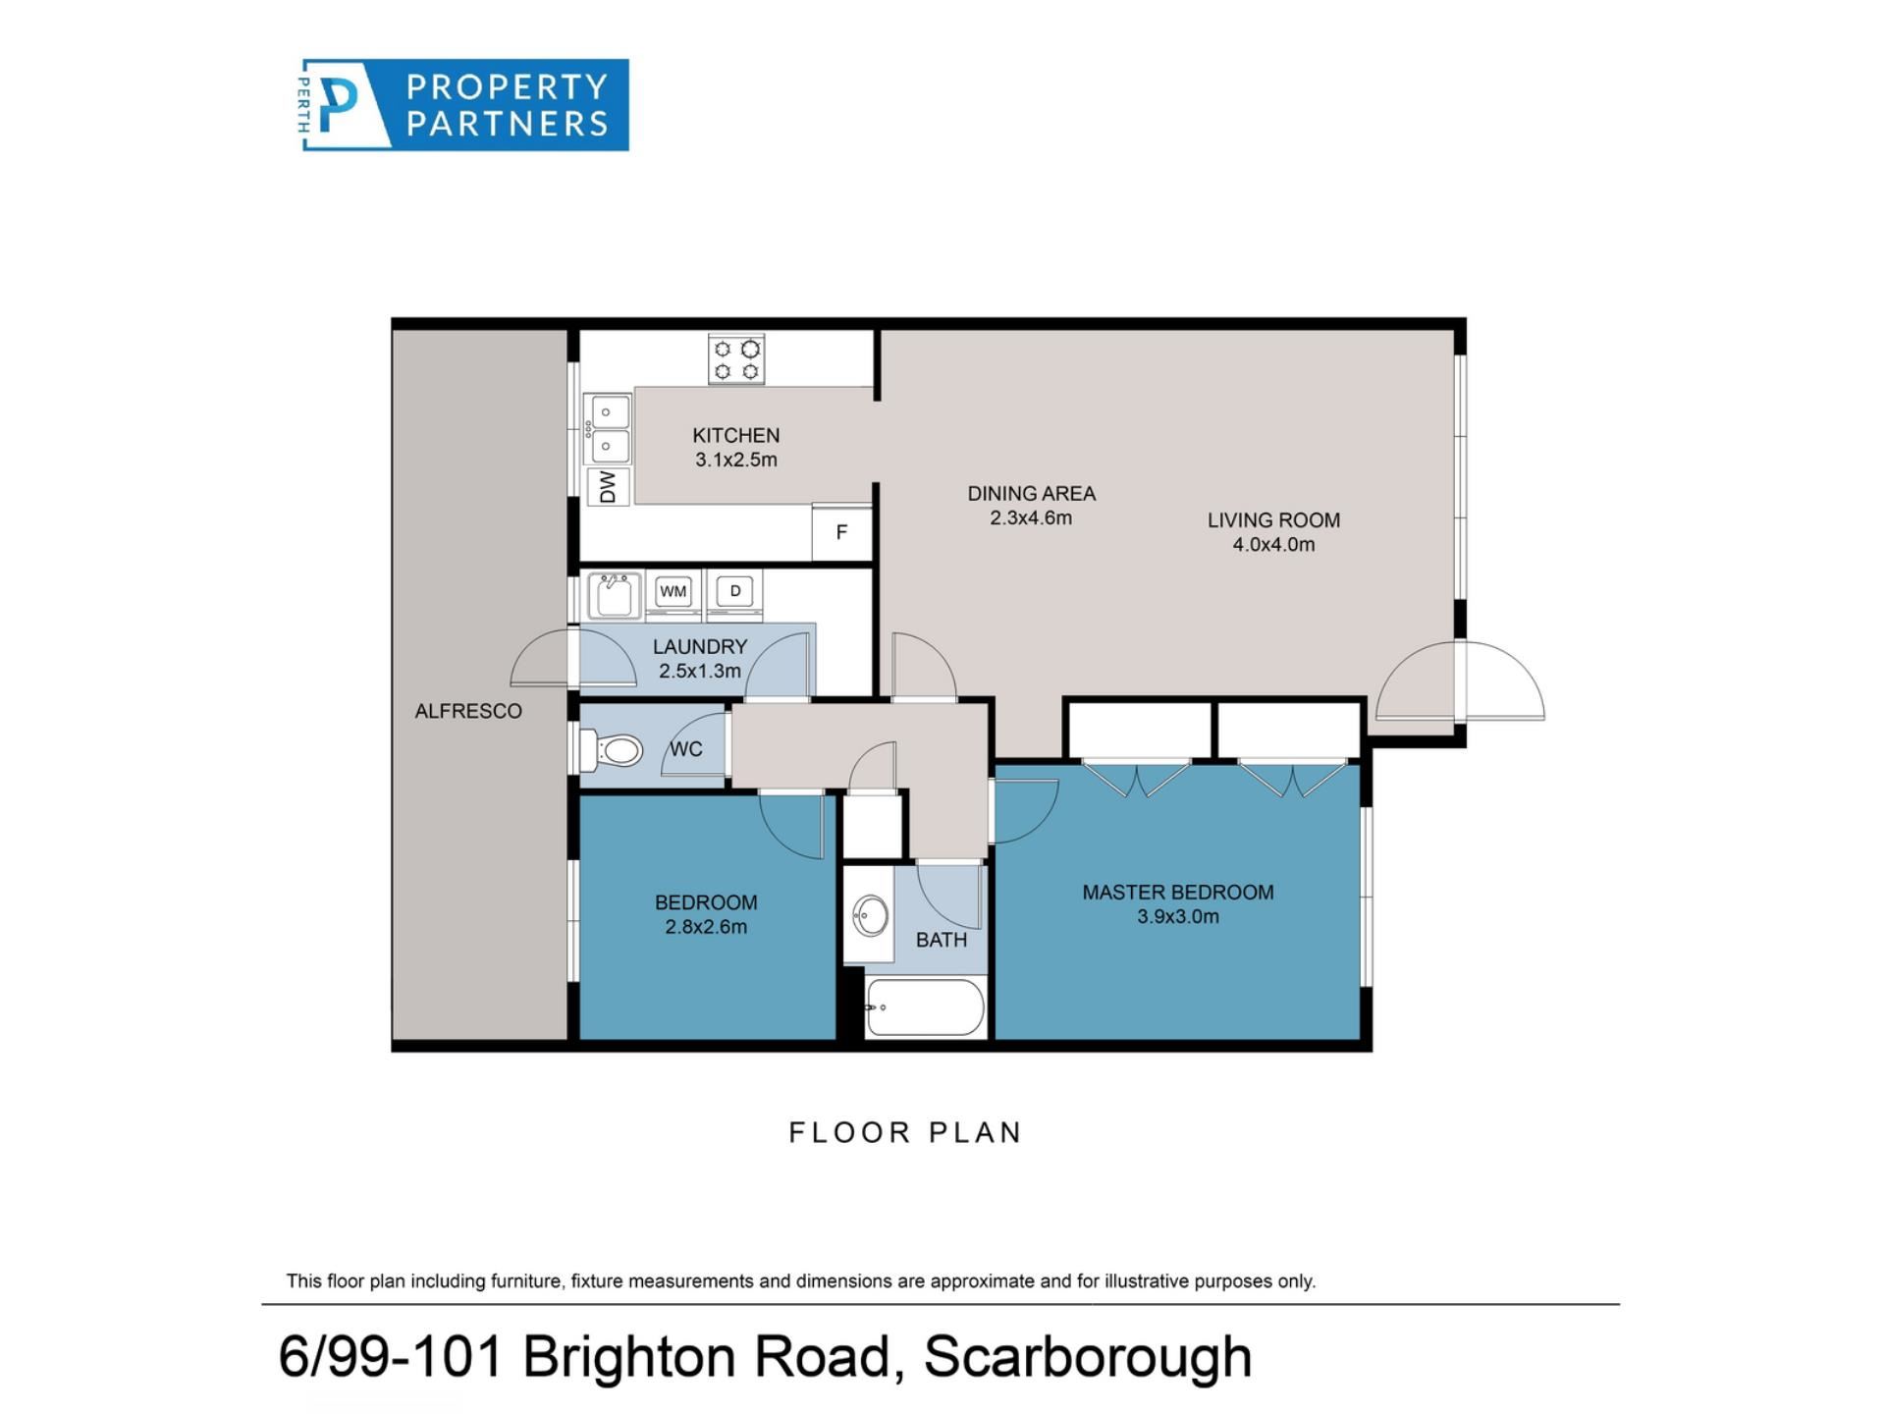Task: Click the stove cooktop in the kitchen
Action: (x=736, y=358)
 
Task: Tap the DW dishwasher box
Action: (x=608, y=486)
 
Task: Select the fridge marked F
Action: (x=841, y=533)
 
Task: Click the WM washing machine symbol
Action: (x=673, y=591)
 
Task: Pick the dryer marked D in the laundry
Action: (x=734, y=591)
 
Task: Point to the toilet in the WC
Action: (x=612, y=751)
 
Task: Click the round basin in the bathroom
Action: (x=870, y=917)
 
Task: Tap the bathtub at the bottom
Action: (x=925, y=1007)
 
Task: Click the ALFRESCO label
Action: (x=468, y=711)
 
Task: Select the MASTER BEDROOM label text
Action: (x=1178, y=893)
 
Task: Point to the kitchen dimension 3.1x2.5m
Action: (x=736, y=460)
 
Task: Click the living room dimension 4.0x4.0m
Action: (x=1273, y=545)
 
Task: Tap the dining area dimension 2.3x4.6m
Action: (x=1031, y=518)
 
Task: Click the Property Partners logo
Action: (x=463, y=105)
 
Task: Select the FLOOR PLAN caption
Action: (x=906, y=1132)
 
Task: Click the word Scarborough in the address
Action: (x=1088, y=1357)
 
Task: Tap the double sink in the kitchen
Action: (x=607, y=429)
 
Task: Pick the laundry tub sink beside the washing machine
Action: (x=614, y=596)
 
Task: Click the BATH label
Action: (x=942, y=941)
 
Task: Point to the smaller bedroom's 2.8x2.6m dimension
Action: (x=706, y=927)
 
